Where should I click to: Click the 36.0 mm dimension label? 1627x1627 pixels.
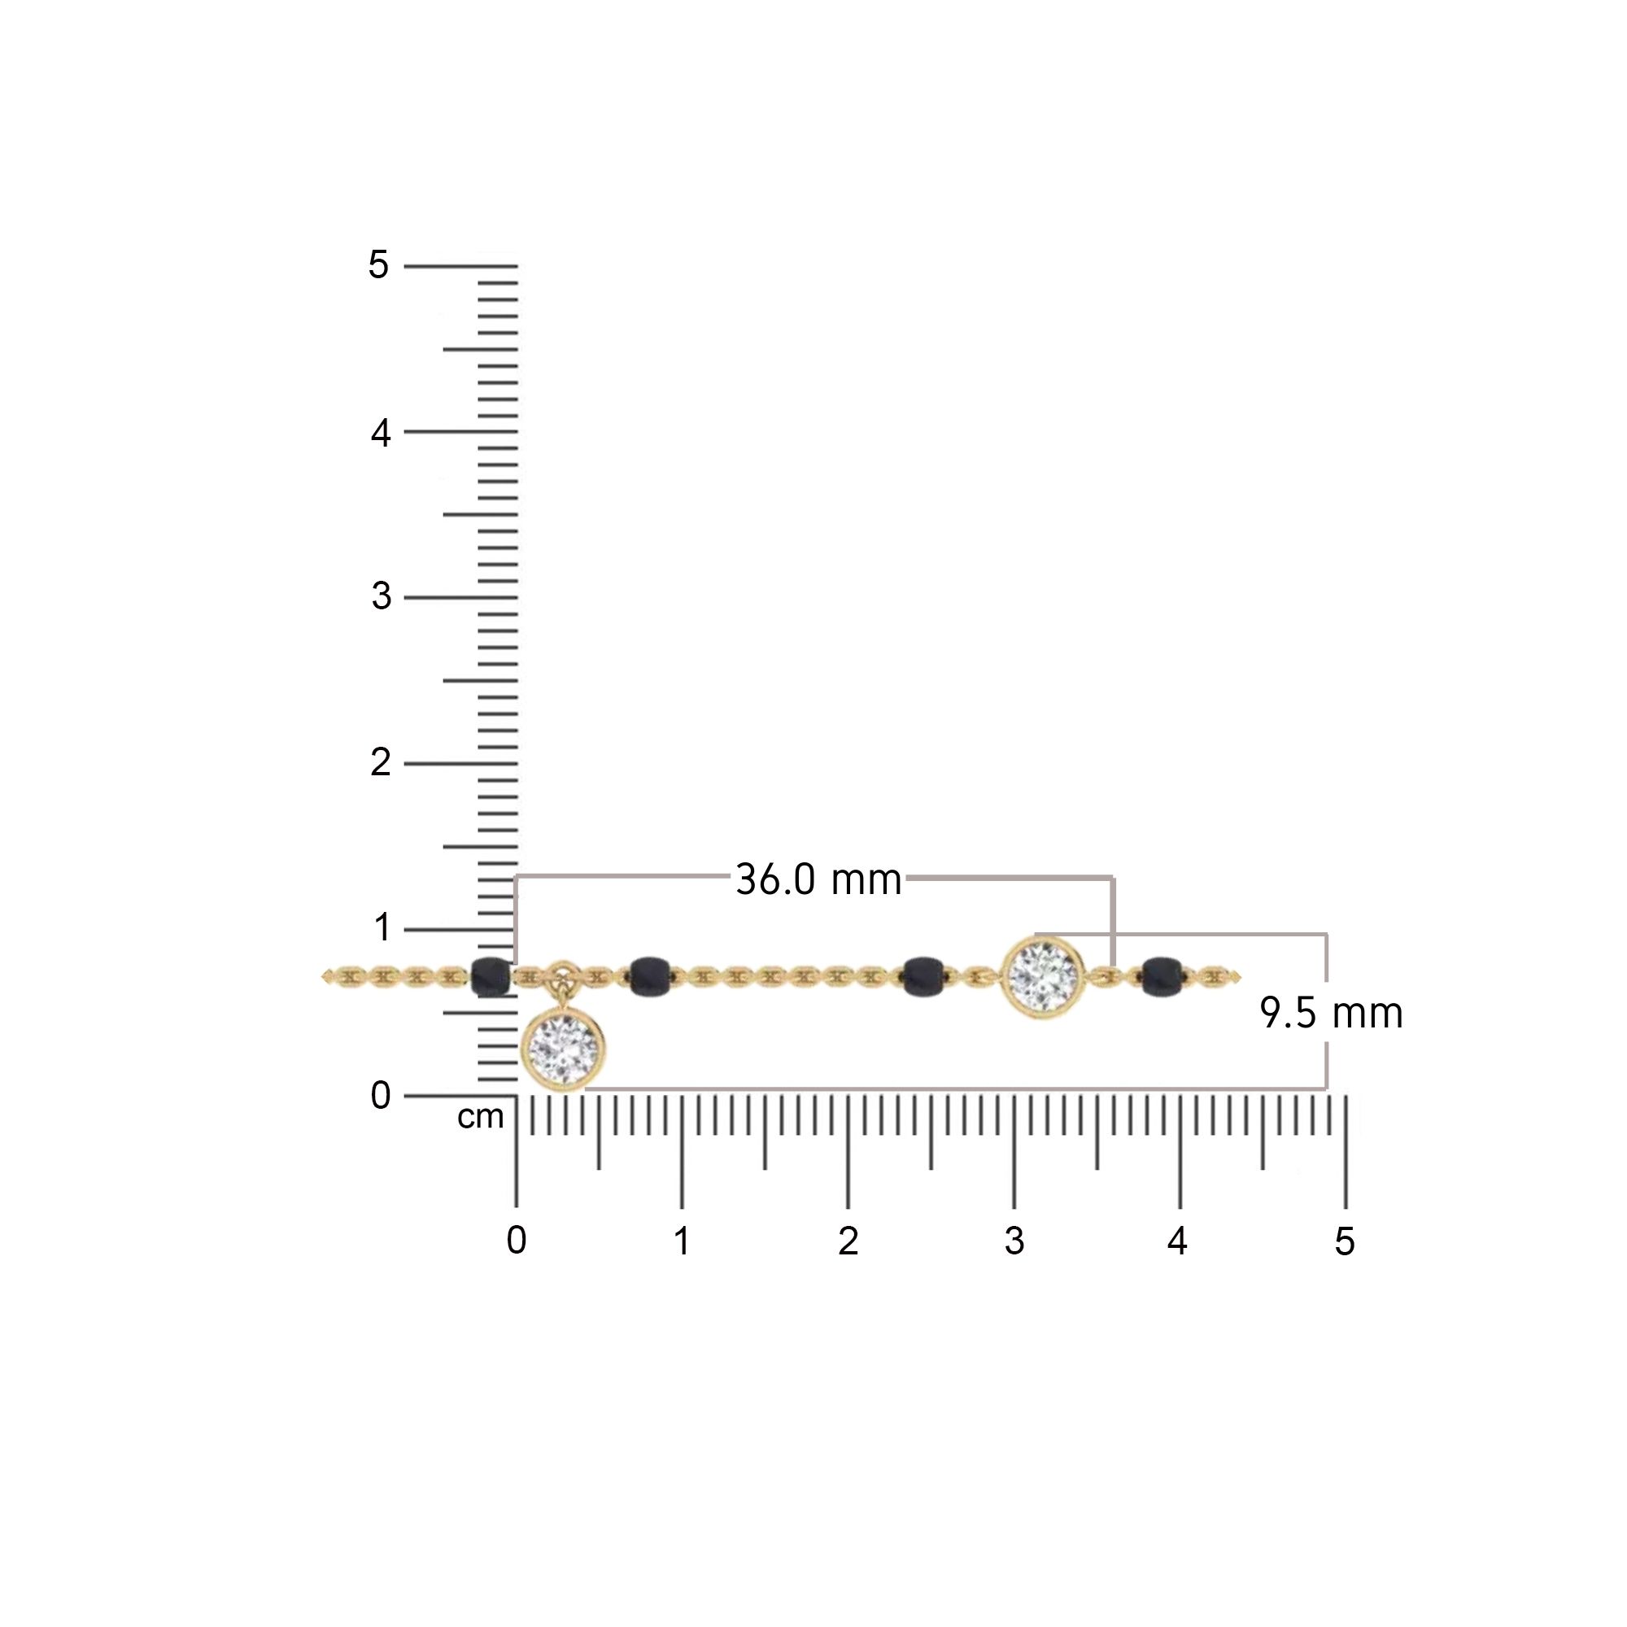[x=818, y=880]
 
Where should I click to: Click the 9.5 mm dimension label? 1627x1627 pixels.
[x=1331, y=1013]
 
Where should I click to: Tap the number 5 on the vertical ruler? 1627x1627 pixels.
[x=378, y=265]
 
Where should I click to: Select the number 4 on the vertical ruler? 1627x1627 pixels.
[x=381, y=433]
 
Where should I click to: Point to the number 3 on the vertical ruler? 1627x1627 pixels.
[x=381, y=597]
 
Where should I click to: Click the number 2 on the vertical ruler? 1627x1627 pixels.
[x=381, y=763]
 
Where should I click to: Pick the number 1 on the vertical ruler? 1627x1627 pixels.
[x=382, y=928]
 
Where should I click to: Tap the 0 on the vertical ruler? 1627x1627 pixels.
[x=381, y=1096]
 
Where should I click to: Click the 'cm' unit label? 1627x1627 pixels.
[x=480, y=1118]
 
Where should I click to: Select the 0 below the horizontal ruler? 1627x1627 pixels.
[x=517, y=1241]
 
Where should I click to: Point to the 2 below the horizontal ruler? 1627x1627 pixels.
[x=848, y=1241]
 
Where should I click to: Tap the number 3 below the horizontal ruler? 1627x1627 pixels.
[x=1014, y=1241]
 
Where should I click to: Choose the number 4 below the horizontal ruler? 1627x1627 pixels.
[x=1177, y=1241]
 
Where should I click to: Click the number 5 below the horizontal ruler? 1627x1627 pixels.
[x=1344, y=1241]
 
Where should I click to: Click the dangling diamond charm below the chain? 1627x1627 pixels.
[x=564, y=1048]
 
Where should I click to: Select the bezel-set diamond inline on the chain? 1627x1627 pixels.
[x=1043, y=977]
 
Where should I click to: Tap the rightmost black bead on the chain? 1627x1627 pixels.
[x=1162, y=977]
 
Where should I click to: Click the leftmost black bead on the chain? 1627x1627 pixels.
[x=491, y=977]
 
